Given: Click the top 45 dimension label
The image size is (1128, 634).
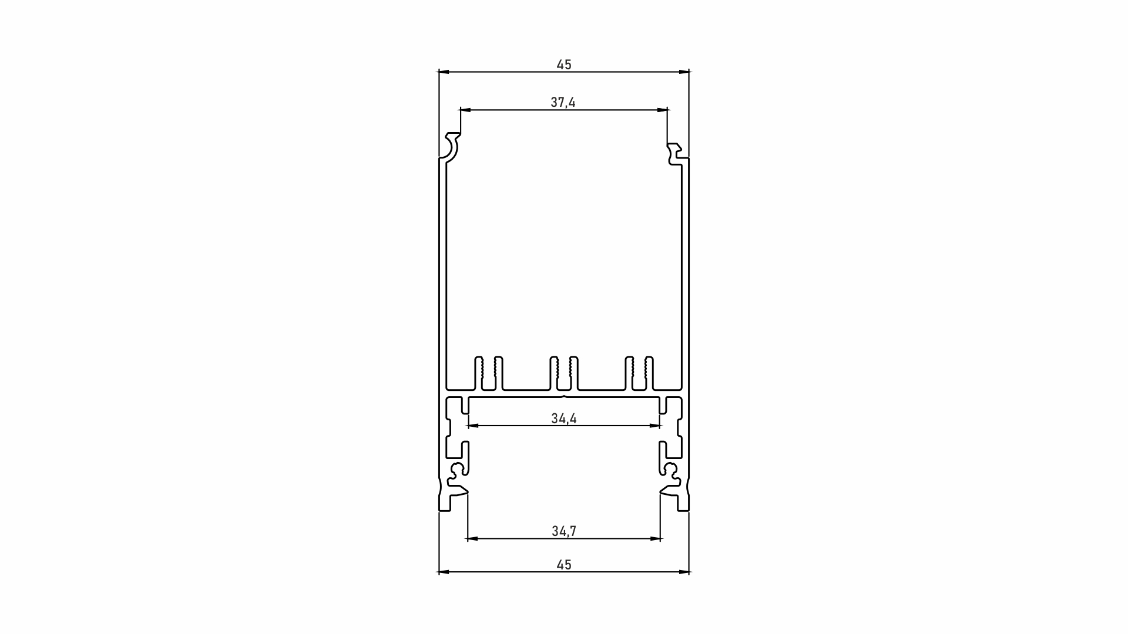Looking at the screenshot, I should coord(564,65).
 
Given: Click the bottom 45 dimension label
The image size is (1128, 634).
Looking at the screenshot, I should coord(564,565).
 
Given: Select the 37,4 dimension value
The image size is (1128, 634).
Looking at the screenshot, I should coord(563,102).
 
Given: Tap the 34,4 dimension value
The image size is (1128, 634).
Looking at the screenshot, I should coord(564,419).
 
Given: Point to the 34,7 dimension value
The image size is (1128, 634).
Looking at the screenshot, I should coord(564,531).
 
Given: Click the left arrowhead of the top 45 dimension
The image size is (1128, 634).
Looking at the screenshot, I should coord(444,72).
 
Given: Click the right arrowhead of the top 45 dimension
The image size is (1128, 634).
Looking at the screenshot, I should coord(684,72).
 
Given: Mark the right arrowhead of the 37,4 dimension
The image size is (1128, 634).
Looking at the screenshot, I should coord(663,110).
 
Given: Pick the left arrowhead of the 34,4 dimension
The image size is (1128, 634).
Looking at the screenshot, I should coord(472,426).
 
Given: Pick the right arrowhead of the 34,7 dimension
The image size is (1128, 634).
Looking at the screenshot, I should coord(656,538).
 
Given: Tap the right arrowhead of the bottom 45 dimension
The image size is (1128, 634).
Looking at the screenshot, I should coord(684,572).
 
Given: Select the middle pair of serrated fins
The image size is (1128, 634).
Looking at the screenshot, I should coord(564,373).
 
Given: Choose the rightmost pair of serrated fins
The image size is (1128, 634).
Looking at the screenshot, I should coord(639,373).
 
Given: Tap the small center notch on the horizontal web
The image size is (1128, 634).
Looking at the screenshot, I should coord(564,397).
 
